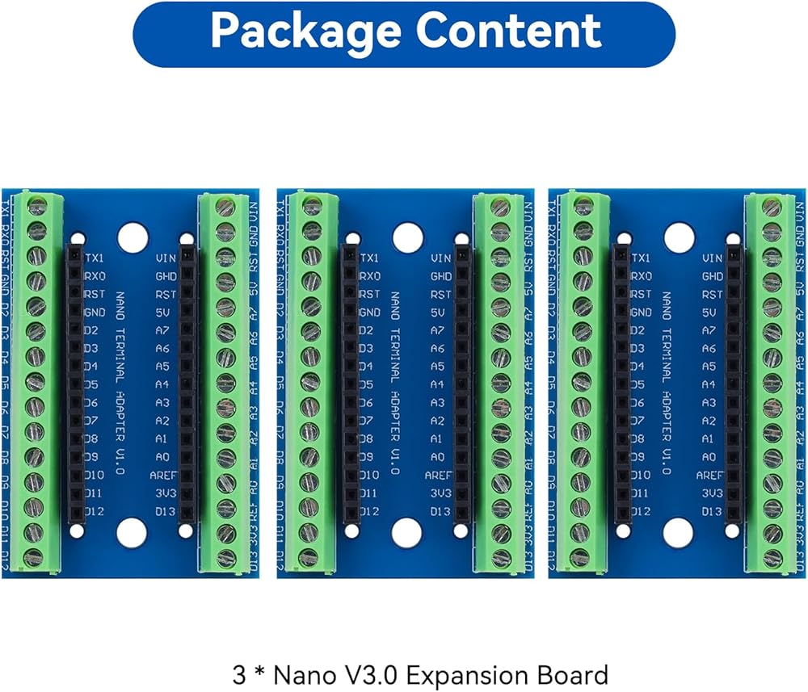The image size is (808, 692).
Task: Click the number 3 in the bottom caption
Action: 238,674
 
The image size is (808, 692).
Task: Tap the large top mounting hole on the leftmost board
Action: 133,236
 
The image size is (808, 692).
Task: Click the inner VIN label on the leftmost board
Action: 166,258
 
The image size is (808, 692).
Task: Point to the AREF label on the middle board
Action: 438,475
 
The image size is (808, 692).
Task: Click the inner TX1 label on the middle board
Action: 369,258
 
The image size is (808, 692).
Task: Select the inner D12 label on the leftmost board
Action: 96,511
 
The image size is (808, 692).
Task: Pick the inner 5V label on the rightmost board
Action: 711,312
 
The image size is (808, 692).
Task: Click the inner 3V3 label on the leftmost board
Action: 166,493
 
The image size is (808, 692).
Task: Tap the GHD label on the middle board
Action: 440,276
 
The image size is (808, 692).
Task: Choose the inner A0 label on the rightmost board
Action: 711,457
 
